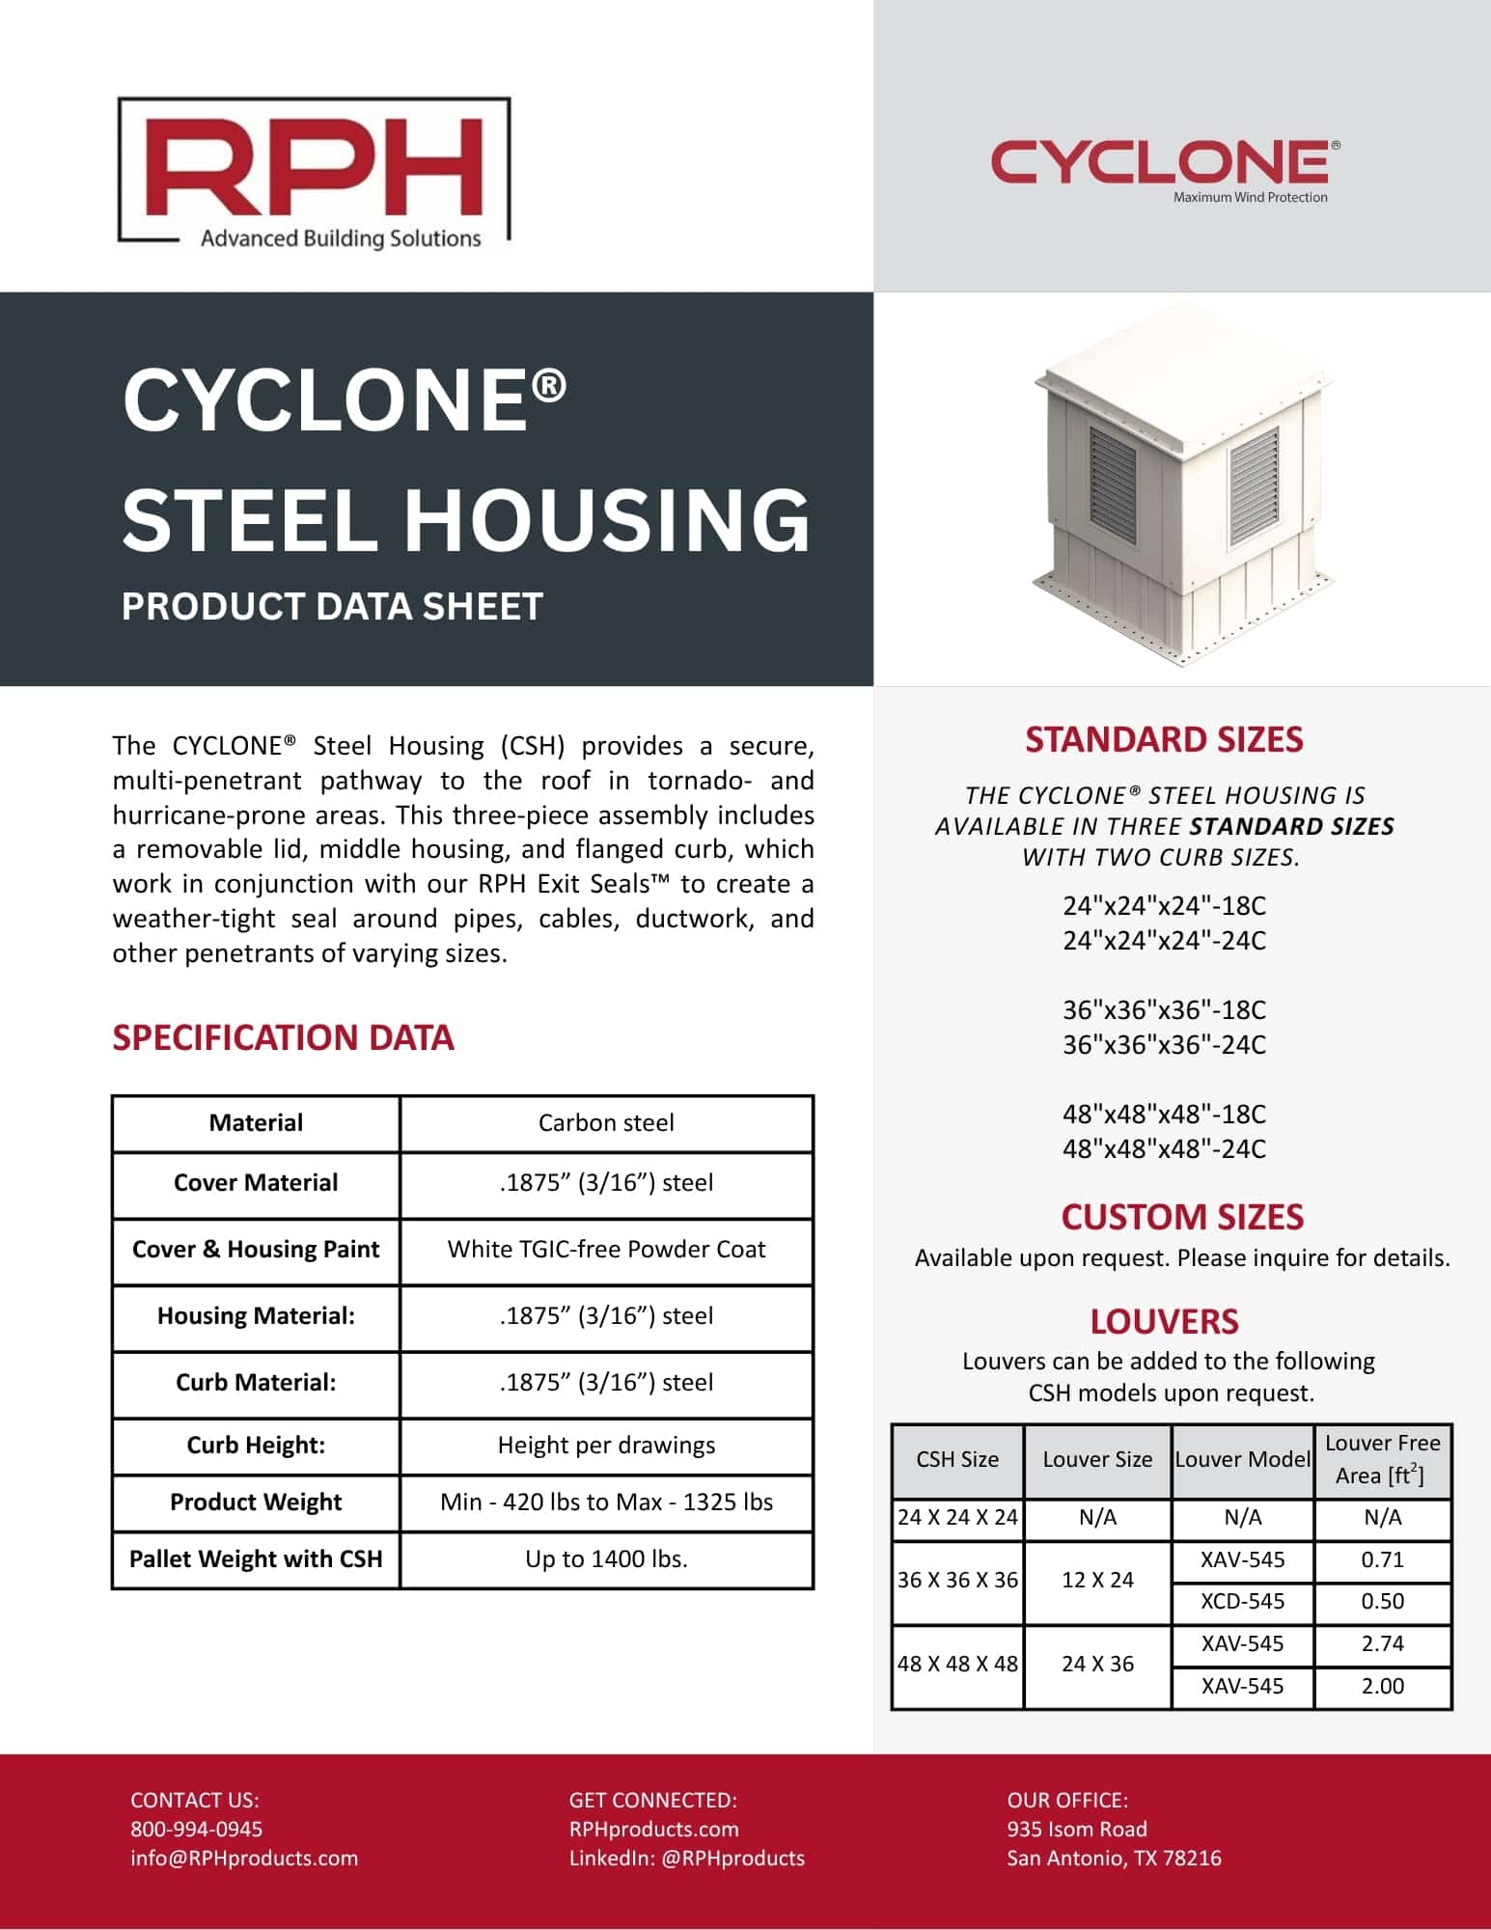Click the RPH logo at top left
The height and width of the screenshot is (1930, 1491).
[x=314, y=171]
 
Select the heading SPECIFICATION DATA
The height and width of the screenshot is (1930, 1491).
[x=283, y=1037]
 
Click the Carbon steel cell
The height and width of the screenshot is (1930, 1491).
[x=606, y=1122]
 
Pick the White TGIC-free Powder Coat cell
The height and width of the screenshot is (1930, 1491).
[x=606, y=1249]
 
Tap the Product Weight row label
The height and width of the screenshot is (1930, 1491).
[x=256, y=1502]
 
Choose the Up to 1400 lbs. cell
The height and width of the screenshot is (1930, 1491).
[x=606, y=1558]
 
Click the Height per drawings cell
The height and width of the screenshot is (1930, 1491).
[x=606, y=1445]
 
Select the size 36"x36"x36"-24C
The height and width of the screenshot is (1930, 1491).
[x=1164, y=1044]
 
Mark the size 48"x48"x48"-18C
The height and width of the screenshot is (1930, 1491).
[x=1164, y=1114]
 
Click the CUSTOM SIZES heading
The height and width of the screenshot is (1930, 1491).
[x=1182, y=1217]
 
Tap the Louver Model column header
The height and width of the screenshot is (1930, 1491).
[x=1242, y=1459]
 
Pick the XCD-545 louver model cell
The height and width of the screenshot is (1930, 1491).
[x=1242, y=1601]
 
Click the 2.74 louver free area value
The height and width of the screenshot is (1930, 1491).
[x=1382, y=1643]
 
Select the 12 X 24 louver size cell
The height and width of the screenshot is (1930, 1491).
[x=1097, y=1580]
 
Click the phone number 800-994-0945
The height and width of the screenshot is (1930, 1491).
[x=197, y=1829]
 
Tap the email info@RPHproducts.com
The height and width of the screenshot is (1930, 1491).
[x=244, y=1858]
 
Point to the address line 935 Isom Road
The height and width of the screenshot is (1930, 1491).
[x=1077, y=1829]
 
